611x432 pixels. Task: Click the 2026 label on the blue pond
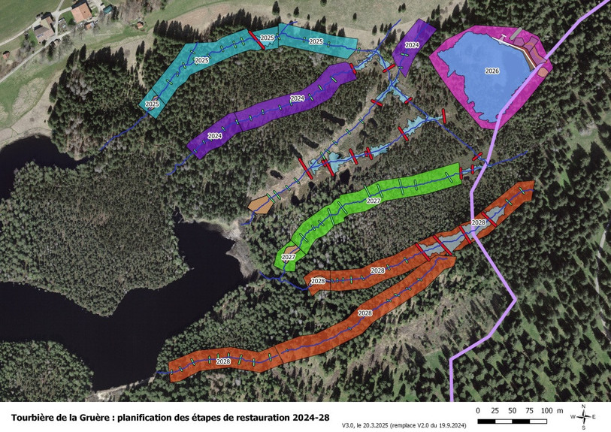coord(492,71)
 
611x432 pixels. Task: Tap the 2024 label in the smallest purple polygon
coord(411,45)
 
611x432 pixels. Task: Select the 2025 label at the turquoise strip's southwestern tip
coord(152,103)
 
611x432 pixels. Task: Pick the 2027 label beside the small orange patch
coord(288,257)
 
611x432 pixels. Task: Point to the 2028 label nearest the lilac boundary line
coord(478,223)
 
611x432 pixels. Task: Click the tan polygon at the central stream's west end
coord(259,204)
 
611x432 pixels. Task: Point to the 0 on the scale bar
coord(479,410)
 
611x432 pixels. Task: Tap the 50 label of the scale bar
coord(512,410)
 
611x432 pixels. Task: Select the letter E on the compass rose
coord(594,415)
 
